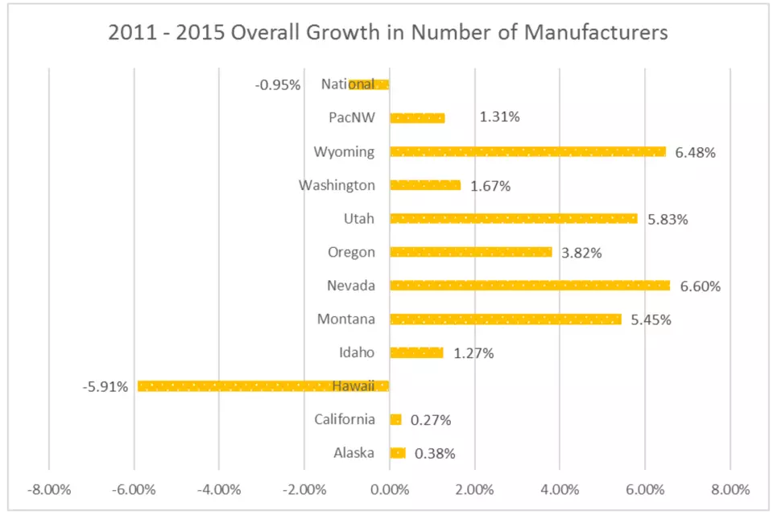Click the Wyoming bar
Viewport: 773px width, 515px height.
coord(527,151)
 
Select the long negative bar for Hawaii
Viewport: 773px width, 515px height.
coord(263,386)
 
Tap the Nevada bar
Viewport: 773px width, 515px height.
coord(530,286)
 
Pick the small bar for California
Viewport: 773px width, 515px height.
coord(395,419)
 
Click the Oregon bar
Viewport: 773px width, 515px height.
coord(471,252)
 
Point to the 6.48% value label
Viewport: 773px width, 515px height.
coord(695,152)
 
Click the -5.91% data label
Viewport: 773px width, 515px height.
coord(105,387)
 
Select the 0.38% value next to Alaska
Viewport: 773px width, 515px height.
coord(435,453)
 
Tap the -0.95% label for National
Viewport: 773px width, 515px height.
coord(278,84)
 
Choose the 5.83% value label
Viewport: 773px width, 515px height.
coord(668,220)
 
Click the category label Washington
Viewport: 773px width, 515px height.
coord(337,185)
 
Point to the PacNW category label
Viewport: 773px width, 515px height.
coord(352,117)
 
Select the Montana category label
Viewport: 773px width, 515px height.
coord(346,319)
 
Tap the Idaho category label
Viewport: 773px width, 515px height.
coord(357,352)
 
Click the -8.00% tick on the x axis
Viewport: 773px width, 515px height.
coord(49,489)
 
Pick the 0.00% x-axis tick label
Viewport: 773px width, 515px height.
coord(390,489)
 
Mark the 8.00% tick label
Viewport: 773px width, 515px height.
coord(730,489)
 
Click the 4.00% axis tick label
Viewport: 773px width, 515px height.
coord(560,489)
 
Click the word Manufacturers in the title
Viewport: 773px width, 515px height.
coord(596,32)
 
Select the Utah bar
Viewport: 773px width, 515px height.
coord(514,218)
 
